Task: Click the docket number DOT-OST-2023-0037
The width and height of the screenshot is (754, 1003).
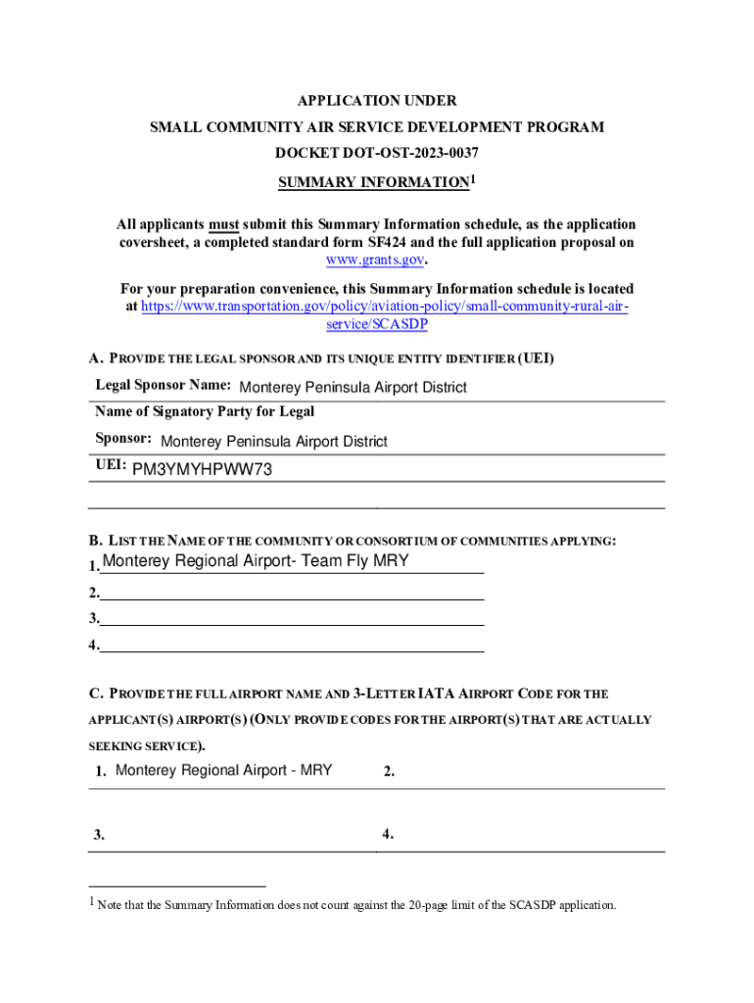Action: tap(377, 154)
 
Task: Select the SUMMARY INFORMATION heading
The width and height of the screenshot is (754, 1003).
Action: tap(373, 183)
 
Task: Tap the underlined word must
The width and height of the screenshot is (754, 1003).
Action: tap(223, 224)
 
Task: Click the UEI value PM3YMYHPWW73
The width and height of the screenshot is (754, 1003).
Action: tap(202, 469)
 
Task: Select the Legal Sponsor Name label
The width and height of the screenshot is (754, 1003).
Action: tap(163, 385)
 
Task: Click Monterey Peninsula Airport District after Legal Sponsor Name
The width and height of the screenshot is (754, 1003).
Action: tap(353, 387)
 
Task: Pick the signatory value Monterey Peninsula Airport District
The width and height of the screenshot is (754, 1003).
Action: tap(273, 442)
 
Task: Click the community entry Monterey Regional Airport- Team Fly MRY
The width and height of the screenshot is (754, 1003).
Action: tap(256, 561)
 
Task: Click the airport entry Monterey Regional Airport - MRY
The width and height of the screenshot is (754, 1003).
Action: tap(223, 770)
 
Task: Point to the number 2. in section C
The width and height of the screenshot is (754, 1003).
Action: tap(389, 772)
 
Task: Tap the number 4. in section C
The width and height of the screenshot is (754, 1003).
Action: tap(389, 835)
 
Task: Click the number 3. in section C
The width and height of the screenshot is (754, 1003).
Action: tap(100, 836)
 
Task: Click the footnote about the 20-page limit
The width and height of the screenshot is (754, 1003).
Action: tap(356, 905)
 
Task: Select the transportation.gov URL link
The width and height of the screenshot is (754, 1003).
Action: tap(384, 307)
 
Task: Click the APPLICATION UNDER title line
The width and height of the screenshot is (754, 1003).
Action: tap(377, 101)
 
